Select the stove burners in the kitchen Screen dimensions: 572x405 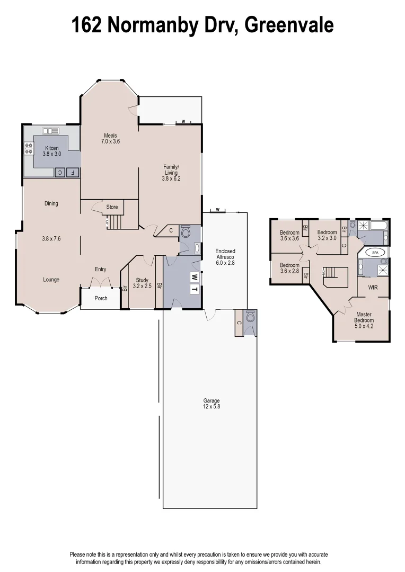coord(29,148)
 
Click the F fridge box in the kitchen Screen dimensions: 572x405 coord(72,172)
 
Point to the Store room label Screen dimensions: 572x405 coord(112,207)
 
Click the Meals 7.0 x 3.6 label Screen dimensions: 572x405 coord(110,138)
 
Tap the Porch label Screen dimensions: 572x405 coord(101,298)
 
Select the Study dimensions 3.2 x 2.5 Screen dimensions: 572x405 coord(142,286)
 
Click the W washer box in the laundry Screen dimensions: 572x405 coord(195,277)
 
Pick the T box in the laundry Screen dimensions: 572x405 coord(195,289)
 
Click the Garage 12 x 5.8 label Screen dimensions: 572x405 coord(211,404)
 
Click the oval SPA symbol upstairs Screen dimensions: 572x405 coord(375,252)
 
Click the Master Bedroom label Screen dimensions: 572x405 coord(364,318)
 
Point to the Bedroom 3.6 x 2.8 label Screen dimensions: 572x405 coord(289,268)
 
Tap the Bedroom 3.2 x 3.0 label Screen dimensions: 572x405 coord(327,235)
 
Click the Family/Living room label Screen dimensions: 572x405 coord(171,173)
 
